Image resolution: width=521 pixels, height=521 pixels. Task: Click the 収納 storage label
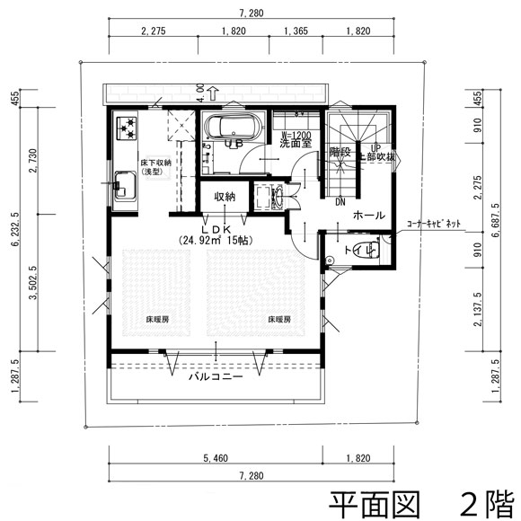[224, 196]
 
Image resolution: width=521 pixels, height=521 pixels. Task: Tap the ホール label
[369, 216]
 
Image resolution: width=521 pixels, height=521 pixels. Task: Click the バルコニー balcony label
[216, 378]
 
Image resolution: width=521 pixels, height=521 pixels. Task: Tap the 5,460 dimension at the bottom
[216, 458]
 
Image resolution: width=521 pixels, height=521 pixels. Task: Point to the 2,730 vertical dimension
[31, 159]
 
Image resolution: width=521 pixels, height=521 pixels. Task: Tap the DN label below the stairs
[340, 201]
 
